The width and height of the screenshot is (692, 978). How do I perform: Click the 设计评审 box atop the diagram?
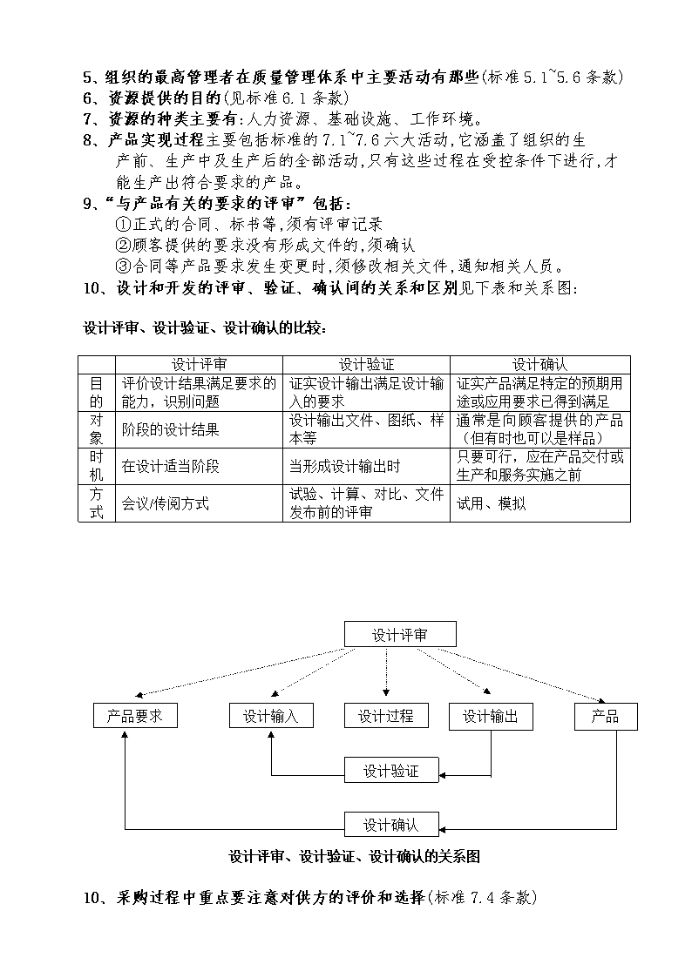pos(400,634)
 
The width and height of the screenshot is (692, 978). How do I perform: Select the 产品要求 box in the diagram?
pos(135,715)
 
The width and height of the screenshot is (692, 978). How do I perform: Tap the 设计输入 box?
pos(271,715)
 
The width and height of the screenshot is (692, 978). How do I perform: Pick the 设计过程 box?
pos(386,715)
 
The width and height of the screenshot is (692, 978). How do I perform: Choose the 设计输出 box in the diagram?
pos(491,717)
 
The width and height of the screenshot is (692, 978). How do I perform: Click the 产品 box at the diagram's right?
pos(606,717)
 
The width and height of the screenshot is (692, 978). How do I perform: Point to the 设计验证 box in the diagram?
pos(392,771)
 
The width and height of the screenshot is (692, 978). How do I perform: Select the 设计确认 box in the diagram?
pos(392,824)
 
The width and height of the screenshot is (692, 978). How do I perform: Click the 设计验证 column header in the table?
pos(366,365)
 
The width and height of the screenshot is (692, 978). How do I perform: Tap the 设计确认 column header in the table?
pos(540,365)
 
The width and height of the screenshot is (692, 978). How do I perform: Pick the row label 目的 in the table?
pos(97,392)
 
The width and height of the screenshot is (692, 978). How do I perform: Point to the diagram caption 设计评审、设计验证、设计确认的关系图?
pos(355,856)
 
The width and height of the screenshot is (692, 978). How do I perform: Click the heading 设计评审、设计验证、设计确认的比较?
pos(205,328)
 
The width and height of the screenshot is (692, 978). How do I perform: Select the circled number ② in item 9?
pos(123,245)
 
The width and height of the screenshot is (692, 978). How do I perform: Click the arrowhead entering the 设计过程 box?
pos(386,692)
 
